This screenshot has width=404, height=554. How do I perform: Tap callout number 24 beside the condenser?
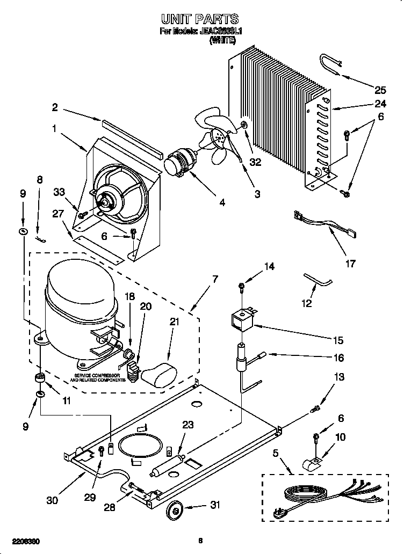(380, 104)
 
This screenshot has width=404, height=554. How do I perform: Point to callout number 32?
(255, 163)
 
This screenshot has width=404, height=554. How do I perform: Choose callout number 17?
(350, 264)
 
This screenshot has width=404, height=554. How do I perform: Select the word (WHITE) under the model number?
(221, 40)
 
